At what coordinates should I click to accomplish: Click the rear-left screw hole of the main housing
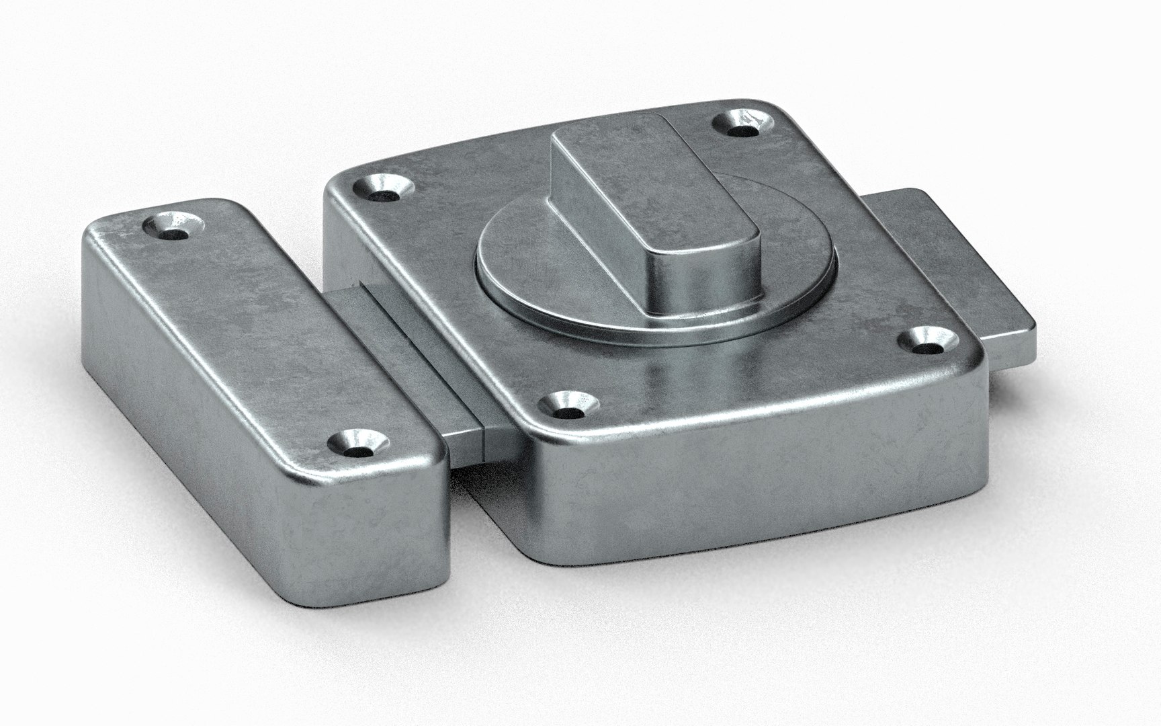(383, 189)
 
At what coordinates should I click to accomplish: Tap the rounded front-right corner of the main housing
(974, 403)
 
